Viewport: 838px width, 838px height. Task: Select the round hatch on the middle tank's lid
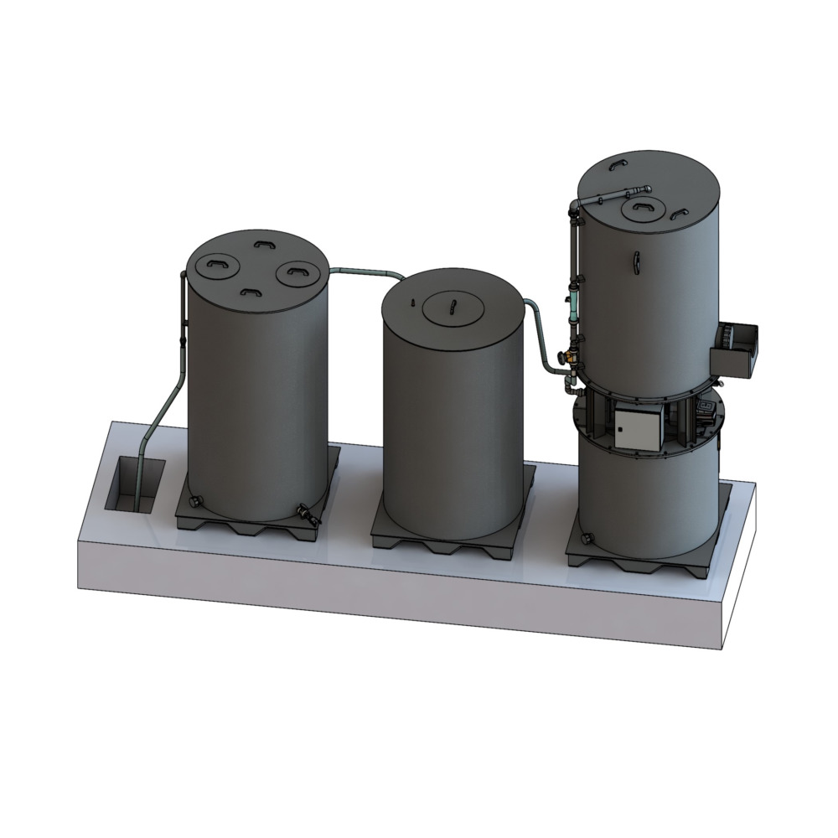453,309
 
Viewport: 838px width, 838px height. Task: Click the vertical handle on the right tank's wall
638,261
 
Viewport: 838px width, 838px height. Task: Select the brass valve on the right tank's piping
572,354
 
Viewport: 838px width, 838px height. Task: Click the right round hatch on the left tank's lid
296,271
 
